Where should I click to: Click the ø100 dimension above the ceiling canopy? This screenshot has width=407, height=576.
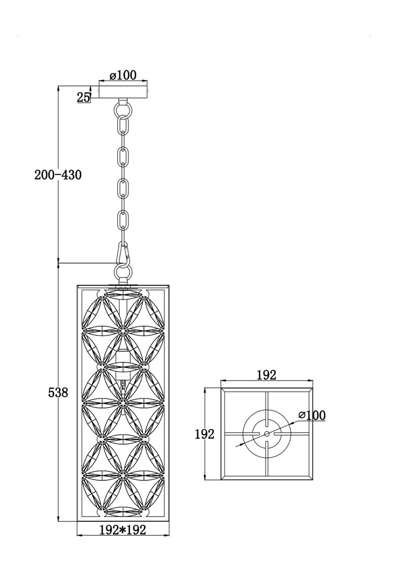coord(123,75)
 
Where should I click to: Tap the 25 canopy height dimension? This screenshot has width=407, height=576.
coord(83,97)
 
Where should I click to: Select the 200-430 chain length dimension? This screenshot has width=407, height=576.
coord(58,175)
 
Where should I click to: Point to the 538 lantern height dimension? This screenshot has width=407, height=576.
coord(58,393)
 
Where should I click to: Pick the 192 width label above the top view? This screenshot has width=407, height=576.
coord(267,375)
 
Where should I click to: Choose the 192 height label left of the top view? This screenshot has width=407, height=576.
coord(204,434)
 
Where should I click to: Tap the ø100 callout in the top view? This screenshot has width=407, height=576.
coord(311,415)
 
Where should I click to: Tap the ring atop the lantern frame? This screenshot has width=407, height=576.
coord(123,273)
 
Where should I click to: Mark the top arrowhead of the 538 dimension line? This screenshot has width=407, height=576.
coord(58,265)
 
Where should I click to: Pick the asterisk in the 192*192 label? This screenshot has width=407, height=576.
coord(122,529)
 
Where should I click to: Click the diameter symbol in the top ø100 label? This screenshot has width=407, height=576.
coord(113,75)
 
